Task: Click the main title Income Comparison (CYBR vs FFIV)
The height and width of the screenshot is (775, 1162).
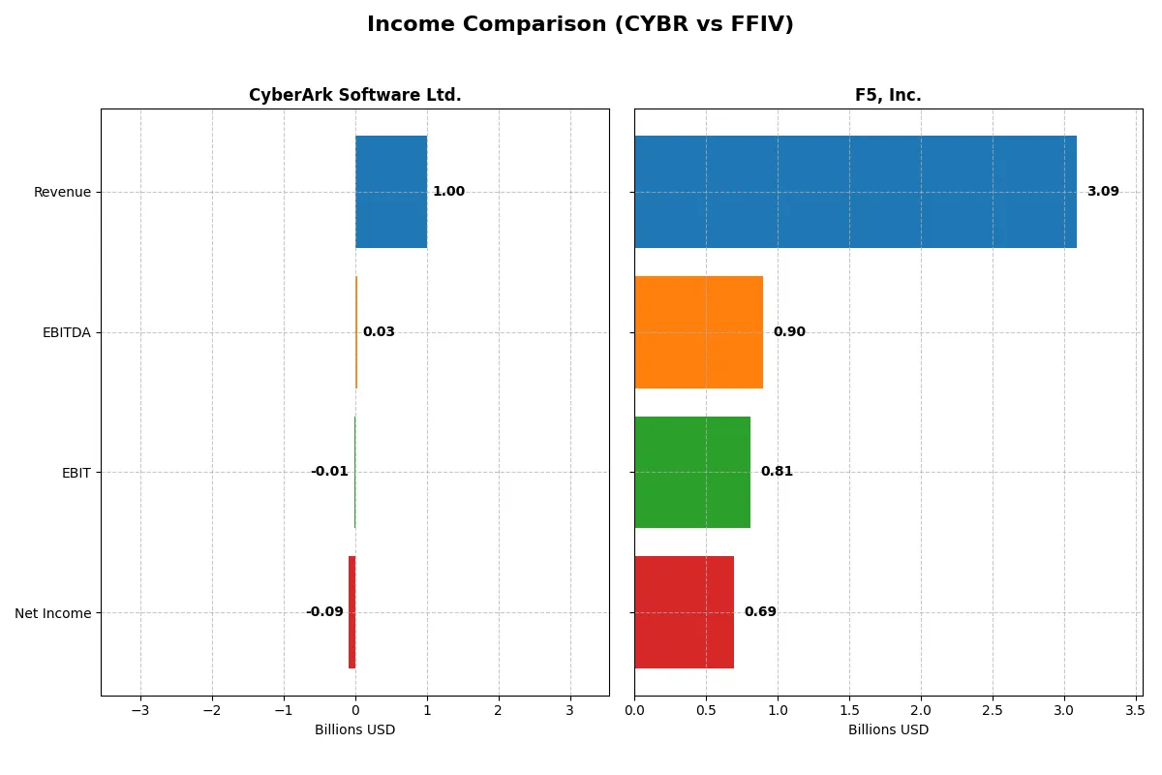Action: [x=580, y=24]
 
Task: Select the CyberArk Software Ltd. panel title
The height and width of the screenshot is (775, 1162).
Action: [x=354, y=95]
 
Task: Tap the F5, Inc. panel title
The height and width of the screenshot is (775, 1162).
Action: [x=888, y=95]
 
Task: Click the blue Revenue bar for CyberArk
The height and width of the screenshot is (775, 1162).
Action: [x=391, y=192]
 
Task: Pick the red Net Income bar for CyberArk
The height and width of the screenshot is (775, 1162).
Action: [x=352, y=612]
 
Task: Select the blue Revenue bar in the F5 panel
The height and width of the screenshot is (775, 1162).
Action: [x=855, y=192]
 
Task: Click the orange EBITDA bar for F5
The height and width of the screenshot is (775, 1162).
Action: [x=698, y=332]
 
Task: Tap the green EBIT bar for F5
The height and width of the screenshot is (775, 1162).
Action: [x=692, y=472]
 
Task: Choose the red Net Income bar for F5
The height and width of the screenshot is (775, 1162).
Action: [x=684, y=612]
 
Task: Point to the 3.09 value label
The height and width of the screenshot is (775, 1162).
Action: [x=1102, y=192]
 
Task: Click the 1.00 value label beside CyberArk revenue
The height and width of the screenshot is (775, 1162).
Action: [x=448, y=192]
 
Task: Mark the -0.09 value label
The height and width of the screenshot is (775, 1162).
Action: [x=324, y=612]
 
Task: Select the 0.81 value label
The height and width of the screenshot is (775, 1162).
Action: [x=777, y=472]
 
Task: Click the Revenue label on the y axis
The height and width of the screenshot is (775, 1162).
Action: [x=62, y=192]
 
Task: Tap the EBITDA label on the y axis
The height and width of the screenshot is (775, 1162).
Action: [x=66, y=332]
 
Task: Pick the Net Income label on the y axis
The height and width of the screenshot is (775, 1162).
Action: [x=52, y=613]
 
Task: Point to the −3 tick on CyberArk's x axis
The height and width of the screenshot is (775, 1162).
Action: [x=140, y=711]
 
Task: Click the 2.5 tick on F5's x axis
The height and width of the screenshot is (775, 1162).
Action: [x=993, y=711]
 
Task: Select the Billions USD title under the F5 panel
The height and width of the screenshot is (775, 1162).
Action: [x=888, y=729]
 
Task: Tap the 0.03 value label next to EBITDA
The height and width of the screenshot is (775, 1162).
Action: [x=379, y=332]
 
